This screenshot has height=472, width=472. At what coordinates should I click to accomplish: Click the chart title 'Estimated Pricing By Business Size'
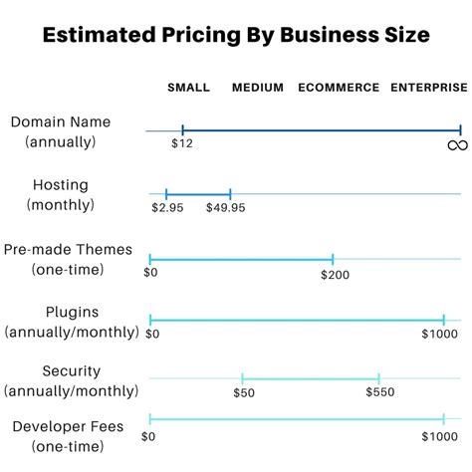(236, 36)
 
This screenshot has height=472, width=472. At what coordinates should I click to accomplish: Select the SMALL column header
(188, 88)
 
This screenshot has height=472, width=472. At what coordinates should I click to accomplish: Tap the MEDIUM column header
(258, 88)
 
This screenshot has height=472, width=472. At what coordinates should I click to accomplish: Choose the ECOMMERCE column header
(339, 88)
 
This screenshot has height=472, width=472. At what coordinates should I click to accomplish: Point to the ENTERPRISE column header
(428, 88)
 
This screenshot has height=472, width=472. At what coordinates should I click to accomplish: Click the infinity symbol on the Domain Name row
(457, 146)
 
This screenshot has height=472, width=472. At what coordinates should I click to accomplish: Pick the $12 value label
(181, 145)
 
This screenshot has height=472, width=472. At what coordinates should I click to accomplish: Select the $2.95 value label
(165, 208)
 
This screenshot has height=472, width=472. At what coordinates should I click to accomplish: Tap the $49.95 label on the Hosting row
(225, 208)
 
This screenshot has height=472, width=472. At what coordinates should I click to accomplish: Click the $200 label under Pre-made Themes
(335, 273)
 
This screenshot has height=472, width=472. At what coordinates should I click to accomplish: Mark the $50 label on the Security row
(244, 392)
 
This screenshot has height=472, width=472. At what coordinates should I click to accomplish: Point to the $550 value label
(379, 392)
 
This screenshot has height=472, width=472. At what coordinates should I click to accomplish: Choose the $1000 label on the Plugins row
(439, 334)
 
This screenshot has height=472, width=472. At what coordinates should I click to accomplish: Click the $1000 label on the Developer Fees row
(439, 436)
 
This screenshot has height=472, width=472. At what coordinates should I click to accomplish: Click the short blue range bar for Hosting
(198, 194)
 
